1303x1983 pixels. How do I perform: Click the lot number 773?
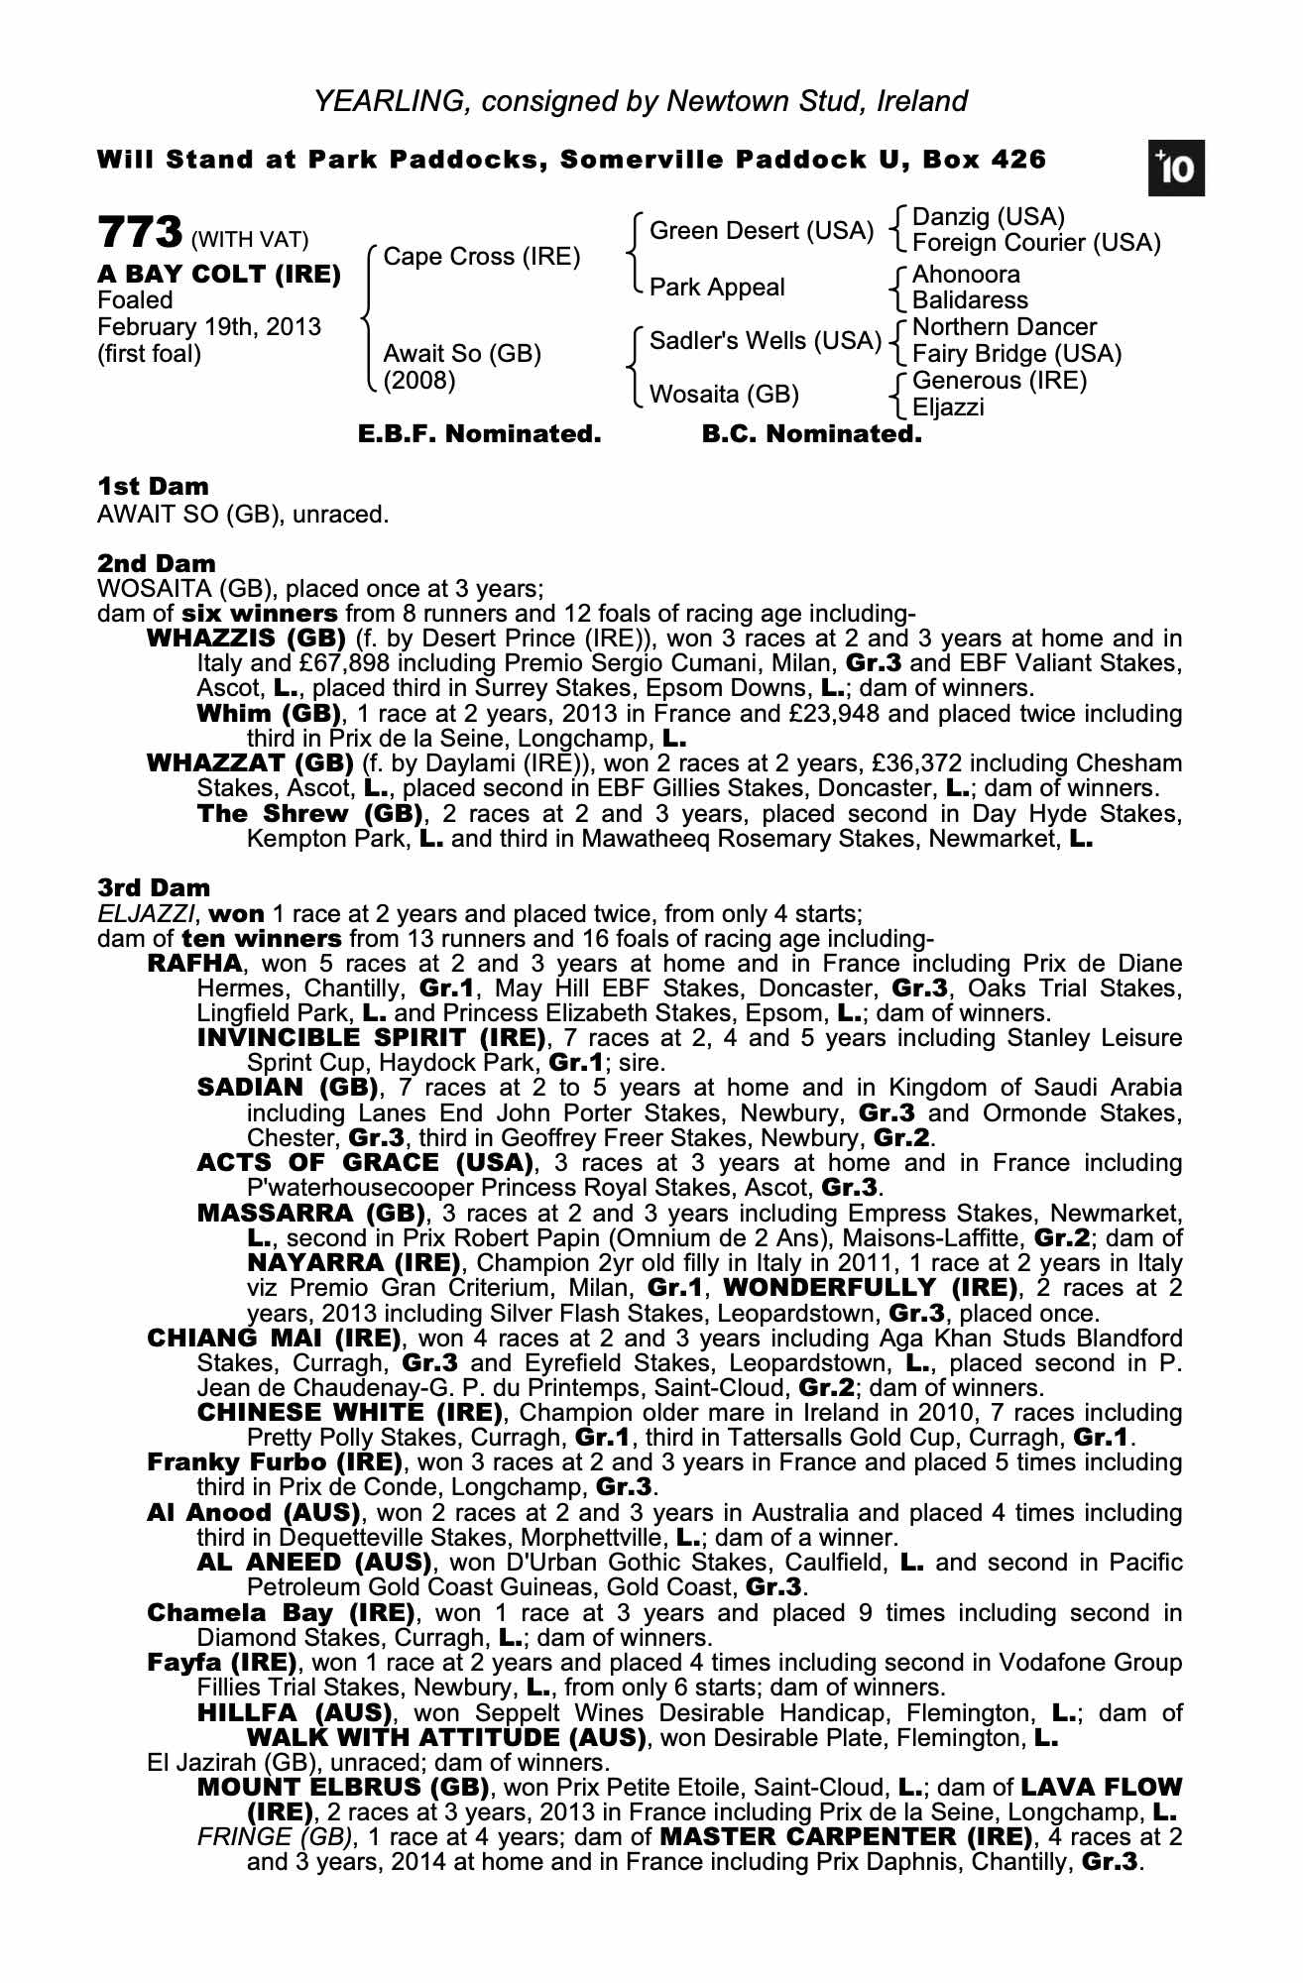pos(140,234)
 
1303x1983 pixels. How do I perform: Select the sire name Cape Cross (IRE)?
pos(481,257)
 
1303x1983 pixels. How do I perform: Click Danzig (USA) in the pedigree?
pos(988,217)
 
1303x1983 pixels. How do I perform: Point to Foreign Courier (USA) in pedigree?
pos(1035,243)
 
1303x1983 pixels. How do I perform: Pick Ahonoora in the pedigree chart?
pos(965,275)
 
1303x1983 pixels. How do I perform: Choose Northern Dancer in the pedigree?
pos(1004,327)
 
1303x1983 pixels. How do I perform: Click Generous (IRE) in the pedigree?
pos(999,381)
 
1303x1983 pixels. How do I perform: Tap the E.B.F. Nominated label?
pos(479,433)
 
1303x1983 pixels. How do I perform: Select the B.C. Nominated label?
pos(811,433)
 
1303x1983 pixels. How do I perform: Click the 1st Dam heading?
pos(153,487)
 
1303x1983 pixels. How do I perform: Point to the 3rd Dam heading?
pos(154,887)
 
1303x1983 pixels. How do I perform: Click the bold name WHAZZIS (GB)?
pos(245,639)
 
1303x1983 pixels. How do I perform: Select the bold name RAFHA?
pos(193,964)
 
